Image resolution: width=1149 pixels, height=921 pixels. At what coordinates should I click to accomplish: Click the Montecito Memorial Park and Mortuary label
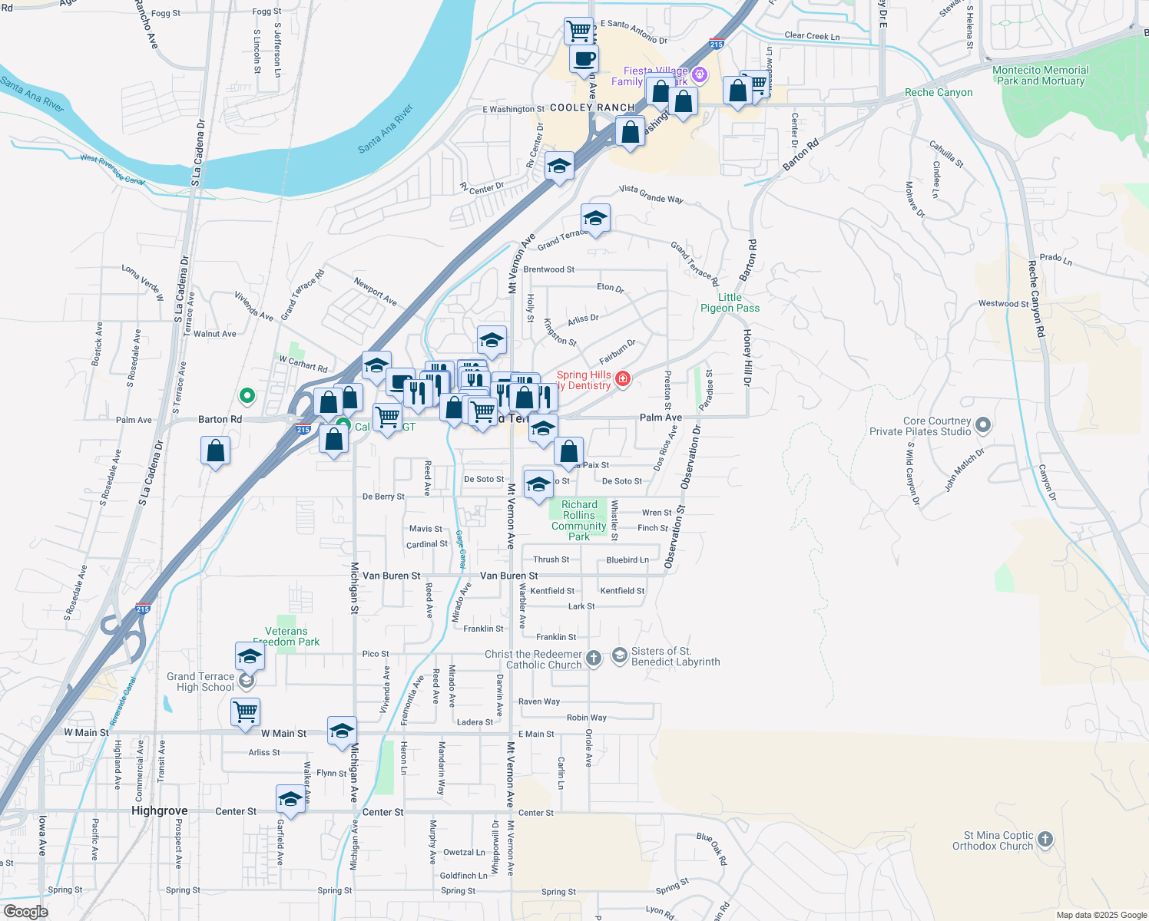click(1040, 75)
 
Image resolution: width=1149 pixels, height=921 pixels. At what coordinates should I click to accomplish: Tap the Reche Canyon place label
click(939, 92)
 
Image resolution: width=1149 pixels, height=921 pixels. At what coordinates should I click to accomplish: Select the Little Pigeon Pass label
click(730, 302)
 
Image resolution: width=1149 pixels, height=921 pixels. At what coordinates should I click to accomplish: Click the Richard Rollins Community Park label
click(579, 520)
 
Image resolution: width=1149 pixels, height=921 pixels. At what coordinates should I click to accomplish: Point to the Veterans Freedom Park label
click(286, 636)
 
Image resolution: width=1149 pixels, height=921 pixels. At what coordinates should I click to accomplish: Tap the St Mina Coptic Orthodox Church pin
click(1045, 840)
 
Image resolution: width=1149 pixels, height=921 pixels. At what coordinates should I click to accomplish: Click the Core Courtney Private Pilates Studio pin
click(983, 425)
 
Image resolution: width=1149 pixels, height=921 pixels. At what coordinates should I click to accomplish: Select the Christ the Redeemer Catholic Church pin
click(594, 658)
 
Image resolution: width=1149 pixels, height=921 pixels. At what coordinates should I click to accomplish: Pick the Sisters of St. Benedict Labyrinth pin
click(619, 655)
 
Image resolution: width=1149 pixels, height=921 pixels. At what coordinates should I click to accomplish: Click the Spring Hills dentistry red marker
click(622, 378)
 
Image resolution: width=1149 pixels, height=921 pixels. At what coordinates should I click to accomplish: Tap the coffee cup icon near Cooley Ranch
click(584, 58)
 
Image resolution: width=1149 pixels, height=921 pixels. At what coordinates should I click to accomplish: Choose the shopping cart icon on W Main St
click(246, 711)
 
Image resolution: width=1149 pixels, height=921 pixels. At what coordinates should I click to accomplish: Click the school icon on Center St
click(290, 799)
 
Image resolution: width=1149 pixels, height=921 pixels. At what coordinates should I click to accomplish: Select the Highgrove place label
click(159, 810)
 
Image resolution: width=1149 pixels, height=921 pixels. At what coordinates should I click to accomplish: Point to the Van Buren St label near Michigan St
click(391, 576)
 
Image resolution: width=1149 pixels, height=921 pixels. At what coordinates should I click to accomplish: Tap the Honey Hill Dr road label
click(747, 357)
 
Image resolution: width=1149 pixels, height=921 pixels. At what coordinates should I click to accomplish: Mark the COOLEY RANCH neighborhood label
click(592, 107)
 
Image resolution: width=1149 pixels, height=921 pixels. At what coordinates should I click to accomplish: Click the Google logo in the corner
click(25, 911)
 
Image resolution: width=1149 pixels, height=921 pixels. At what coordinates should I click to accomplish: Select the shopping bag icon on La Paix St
click(569, 452)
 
